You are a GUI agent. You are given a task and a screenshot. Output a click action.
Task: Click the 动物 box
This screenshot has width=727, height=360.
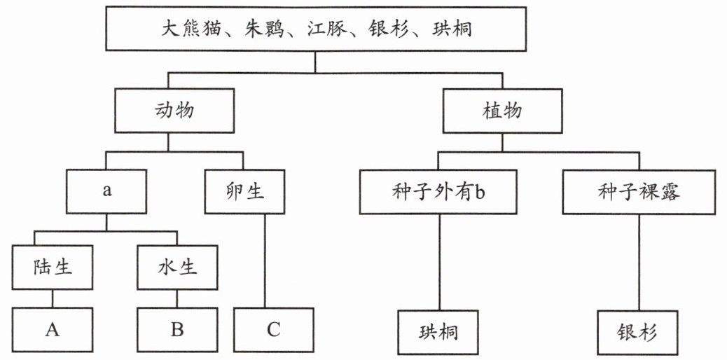174,111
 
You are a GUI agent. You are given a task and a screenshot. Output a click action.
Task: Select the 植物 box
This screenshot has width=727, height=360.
502,111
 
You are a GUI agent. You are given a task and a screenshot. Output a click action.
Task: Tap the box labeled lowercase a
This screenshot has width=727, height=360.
106,191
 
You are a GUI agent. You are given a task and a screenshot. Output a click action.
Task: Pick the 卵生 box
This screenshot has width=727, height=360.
244,191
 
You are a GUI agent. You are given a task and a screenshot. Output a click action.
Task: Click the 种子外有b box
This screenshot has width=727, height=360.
438,191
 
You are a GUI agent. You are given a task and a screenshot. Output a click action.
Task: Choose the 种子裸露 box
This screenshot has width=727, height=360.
639,191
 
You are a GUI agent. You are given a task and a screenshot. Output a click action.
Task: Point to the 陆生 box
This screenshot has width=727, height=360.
53,268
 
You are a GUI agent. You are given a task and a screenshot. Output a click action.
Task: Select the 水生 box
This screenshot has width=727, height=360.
177,268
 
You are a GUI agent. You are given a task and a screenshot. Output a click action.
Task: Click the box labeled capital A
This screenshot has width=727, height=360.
53,330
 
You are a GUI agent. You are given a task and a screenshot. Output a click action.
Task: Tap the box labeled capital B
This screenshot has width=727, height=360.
177,330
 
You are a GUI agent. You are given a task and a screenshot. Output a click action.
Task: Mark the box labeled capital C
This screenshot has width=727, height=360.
274,330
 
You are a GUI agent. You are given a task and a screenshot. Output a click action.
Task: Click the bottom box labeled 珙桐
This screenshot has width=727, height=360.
438,333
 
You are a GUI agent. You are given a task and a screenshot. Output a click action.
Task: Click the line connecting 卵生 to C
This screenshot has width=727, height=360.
265,261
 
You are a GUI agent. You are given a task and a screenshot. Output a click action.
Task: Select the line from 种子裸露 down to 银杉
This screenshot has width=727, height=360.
639,262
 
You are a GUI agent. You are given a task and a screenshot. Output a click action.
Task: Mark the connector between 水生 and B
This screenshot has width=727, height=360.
176,299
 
